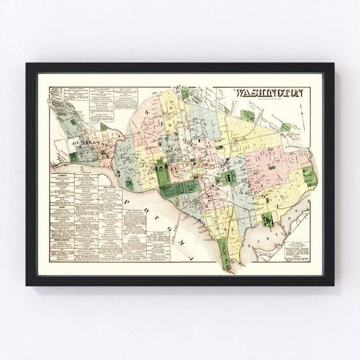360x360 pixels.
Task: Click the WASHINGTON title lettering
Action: (x=270, y=93)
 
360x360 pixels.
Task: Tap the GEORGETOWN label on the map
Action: (x=86, y=141)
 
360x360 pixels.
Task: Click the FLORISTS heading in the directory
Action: (x=63, y=169)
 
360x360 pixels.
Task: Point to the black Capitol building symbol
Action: (x=228, y=177)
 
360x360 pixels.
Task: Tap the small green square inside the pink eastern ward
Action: (x=271, y=167)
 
